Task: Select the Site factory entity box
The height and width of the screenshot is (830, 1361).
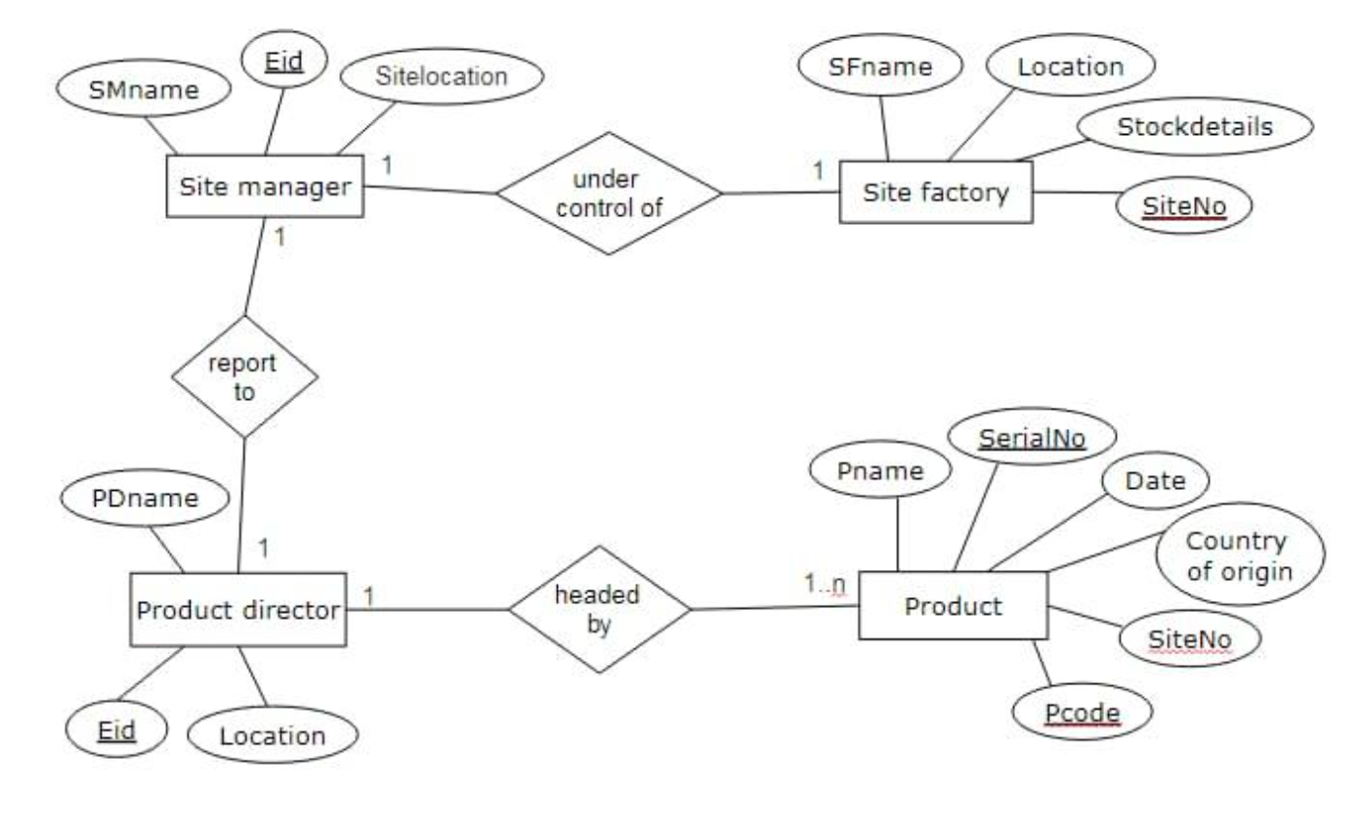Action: coord(935,193)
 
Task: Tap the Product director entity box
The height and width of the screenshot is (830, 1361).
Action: coord(238,610)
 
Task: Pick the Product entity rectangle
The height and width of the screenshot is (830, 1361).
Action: coord(953,606)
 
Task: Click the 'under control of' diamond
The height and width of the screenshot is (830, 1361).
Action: coord(608,194)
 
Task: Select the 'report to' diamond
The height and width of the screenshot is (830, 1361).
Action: coord(245,377)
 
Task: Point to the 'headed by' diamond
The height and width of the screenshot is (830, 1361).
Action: coord(598,610)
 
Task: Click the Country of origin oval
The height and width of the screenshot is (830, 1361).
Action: coord(1239,555)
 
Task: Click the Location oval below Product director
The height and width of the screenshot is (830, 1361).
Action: coord(272,734)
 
